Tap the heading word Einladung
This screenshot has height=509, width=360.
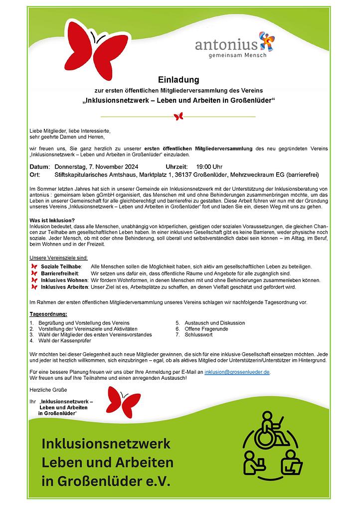[x=179, y=79]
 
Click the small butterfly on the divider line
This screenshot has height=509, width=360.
[x=179, y=116]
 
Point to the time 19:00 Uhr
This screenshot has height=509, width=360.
[x=209, y=166]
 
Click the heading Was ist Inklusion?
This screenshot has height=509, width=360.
[x=52, y=221]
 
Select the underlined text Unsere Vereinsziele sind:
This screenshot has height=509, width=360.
[x=59, y=257]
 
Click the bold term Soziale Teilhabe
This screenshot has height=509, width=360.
[x=61, y=267]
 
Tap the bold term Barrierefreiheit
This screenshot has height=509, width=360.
[x=62, y=273]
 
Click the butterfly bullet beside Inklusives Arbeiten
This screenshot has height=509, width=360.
[x=34, y=287]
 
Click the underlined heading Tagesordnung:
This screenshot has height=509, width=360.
[x=48, y=314]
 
